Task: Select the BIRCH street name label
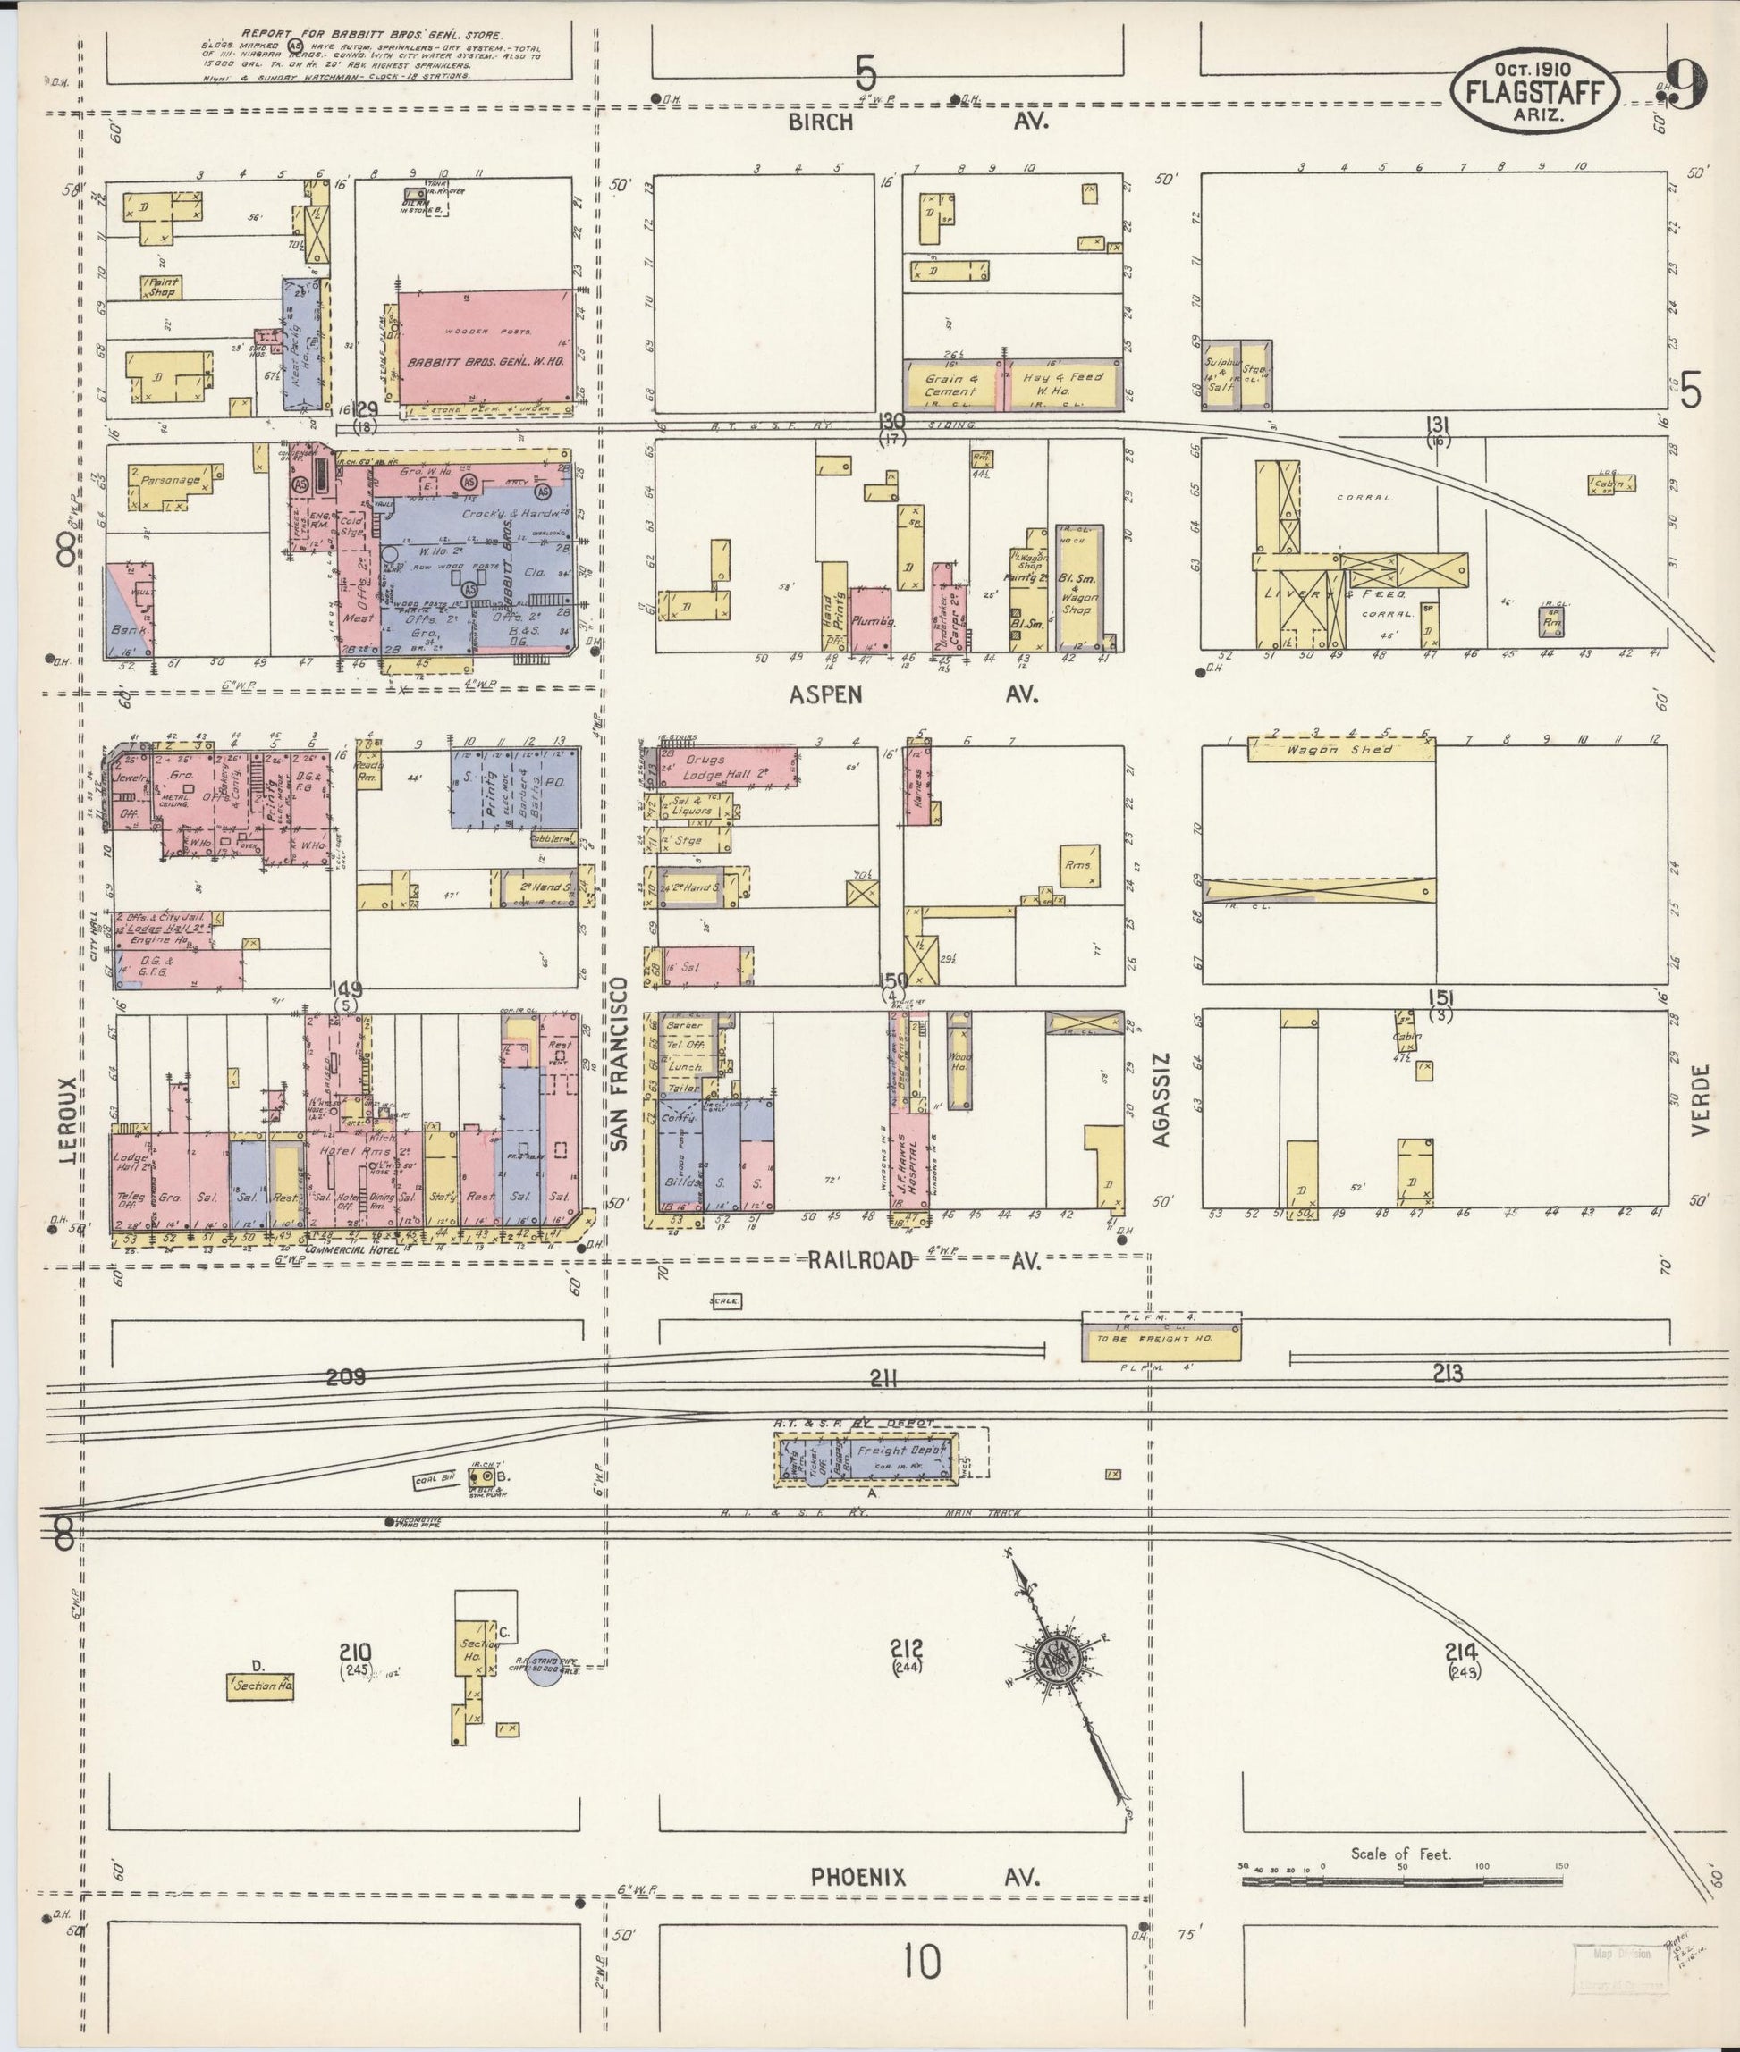819,122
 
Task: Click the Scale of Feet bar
1402,1880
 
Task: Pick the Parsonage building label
170,481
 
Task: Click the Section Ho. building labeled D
260,1686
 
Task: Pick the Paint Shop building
161,287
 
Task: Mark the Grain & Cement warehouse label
950,384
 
